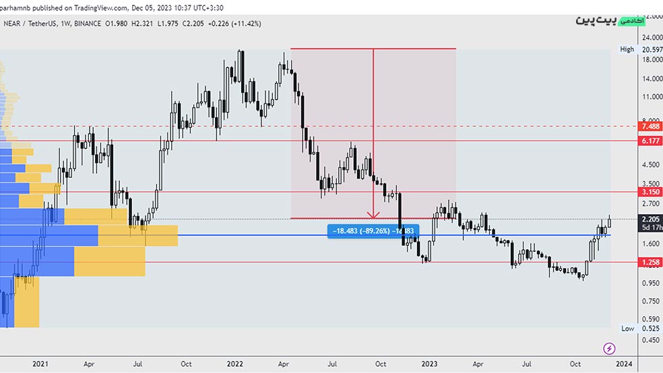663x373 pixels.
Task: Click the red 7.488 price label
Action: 650,127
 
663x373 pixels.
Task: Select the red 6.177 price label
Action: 650,141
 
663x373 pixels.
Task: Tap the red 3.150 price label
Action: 650,192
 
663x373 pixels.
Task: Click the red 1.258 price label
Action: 650,262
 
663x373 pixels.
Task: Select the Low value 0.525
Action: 650,329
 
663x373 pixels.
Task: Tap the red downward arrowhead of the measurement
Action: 373,215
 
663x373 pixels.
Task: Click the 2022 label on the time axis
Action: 235,364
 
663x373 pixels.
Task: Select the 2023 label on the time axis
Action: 430,364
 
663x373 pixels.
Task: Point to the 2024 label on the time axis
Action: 625,364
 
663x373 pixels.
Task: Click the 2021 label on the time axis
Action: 40,364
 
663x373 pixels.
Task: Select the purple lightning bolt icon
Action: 609,348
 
